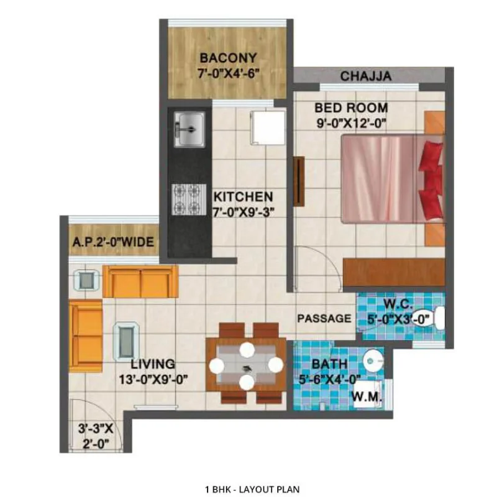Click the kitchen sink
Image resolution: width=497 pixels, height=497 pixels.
pos(189,129)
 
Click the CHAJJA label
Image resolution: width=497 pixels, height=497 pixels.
pos(366,76)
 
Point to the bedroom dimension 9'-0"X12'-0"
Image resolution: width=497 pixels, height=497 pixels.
pos(352,123)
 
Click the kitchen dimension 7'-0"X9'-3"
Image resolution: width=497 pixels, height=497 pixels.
pos(243,212)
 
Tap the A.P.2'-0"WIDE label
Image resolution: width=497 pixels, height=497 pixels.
pos(113,242)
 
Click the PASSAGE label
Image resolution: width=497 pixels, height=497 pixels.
pos(324,318)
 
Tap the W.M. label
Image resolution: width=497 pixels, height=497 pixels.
pos(367,396)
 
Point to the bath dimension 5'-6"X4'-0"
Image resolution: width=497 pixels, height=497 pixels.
pos(330,379)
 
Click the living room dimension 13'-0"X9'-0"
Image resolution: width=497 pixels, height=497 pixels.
pos(153,379)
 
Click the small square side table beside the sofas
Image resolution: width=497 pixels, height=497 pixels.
pos(86,280)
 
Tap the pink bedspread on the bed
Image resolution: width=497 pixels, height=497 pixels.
pos(379,179)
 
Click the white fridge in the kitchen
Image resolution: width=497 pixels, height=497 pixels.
pos(268,128)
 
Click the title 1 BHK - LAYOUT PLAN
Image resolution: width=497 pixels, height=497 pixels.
pos(252,490)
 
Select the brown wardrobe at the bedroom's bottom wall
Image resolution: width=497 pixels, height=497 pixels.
pos(394,272)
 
